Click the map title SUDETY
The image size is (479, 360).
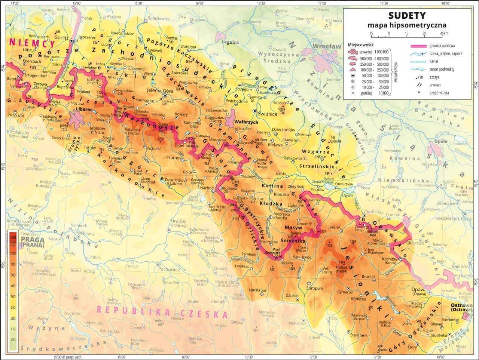pos(407,15)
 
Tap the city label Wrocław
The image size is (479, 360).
pos(327,46)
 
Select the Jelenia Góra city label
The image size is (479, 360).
pos(160,91)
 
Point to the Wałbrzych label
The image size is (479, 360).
pos(246,122)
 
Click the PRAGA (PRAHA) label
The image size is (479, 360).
pos(33,242)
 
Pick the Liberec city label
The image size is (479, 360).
pos(84,110)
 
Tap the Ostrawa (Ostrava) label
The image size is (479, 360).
pos(461,307)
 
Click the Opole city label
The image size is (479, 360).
pos(441,141)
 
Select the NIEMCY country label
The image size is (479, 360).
pos(32,43)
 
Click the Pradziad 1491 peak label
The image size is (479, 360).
pos(341,267)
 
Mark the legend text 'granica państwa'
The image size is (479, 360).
pos(442,46)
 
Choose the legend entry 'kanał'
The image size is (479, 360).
pos(434,61)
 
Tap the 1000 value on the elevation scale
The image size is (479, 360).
pos(13,253)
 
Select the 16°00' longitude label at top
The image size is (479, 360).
pos(199,3)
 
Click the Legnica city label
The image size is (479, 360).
pos(230,42)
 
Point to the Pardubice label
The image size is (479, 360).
pos(169,269)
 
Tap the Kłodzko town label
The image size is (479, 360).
pos(281,194)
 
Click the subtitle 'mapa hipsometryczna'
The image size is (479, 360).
pos(407,25)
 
